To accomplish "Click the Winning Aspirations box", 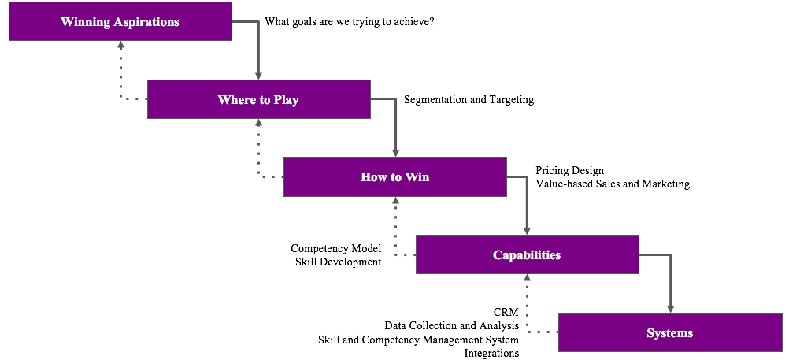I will coord(120,21).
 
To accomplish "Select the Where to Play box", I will coord(258,99).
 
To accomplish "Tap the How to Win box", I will coord(394,176).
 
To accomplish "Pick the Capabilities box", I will coord(527,254).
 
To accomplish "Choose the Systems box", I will coord(669,332).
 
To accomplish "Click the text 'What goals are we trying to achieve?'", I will coord(350,22).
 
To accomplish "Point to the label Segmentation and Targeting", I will coord(469,100).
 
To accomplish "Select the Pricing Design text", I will coord(569,170).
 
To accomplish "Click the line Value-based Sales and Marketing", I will coord(613,184).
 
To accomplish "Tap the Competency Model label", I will coord(336,248).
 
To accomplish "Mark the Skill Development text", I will coord(339,262).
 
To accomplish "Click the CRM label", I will coord(506,313).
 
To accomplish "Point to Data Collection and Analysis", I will coord(452,325).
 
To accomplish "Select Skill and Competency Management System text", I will coord(419,340).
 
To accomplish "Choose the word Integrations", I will coord(491,353).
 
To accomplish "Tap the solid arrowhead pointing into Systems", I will coord(670,308).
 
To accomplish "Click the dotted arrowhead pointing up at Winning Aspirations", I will coord(120,46).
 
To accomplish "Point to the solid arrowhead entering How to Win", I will coord(395,152).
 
